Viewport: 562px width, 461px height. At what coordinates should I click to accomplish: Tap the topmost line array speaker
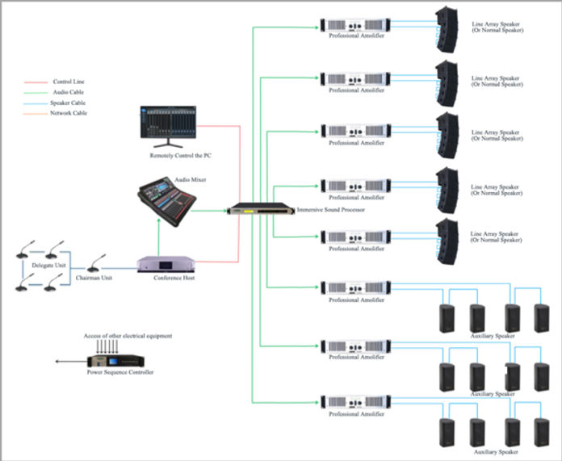tap(447, 29)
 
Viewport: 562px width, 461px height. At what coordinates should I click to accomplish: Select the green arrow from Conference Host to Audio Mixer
tap(158, 234)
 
